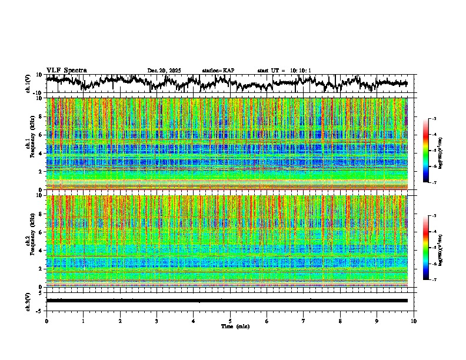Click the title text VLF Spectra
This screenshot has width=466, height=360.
(66, 70)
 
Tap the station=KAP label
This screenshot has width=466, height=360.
(218, 71)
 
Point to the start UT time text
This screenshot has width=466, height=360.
(284, 71)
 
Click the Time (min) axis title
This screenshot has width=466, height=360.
(235, 326)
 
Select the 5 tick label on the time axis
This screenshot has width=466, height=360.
(230, 321)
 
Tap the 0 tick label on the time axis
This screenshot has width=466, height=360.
(46, 321)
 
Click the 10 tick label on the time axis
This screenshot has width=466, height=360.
(414, 321)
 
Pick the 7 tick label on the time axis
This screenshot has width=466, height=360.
(304, 321)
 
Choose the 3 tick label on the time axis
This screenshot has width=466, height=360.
(157, 321)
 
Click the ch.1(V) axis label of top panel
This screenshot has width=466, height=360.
(28, 84)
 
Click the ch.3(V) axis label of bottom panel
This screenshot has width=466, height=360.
(28, 300)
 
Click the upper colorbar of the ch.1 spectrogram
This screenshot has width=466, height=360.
(426, 150)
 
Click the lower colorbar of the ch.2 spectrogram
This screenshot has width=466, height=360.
(426, 248)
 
